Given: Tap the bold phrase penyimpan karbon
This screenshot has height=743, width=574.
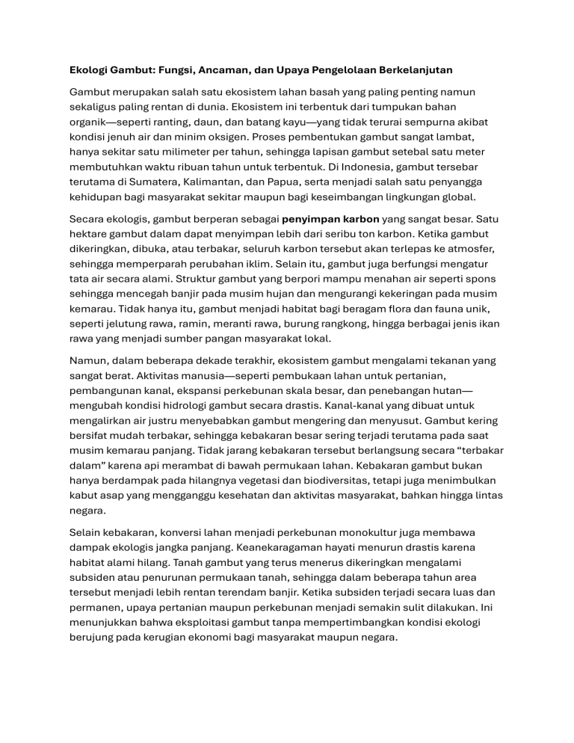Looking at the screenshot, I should [x=330, y=221].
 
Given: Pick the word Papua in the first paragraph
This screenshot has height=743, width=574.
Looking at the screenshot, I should [x=318, y=182].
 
